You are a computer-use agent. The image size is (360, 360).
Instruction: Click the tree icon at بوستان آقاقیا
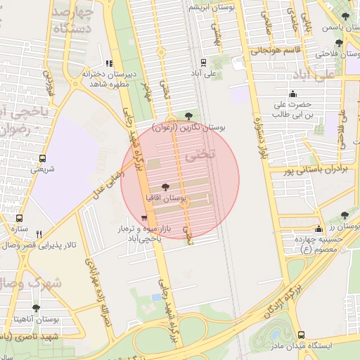(x=165, y=187)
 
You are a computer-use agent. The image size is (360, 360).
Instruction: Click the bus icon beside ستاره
(x=19, y=218)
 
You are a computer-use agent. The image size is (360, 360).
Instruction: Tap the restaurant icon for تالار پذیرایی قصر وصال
(x=39, y=235)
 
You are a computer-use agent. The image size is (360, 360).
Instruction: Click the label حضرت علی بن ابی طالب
(x=292, y=108)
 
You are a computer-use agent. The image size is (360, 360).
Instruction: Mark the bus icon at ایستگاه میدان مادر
(x=302, y=335)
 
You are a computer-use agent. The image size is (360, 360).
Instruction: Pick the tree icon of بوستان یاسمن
(x=345, y=17)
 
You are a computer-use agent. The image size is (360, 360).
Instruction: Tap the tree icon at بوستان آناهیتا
(x=35, y=308)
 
